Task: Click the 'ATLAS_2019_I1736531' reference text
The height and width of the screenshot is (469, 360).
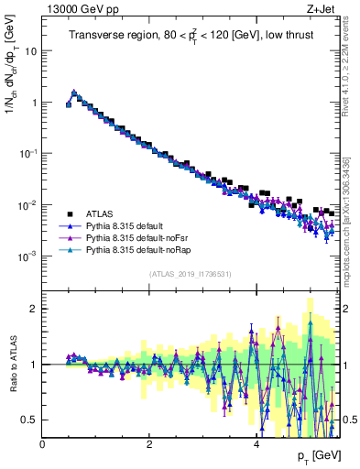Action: pos(191,274)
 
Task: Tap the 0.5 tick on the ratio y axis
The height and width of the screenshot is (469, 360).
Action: pos(32,420)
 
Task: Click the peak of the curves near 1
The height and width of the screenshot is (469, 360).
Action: pos(74,92)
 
